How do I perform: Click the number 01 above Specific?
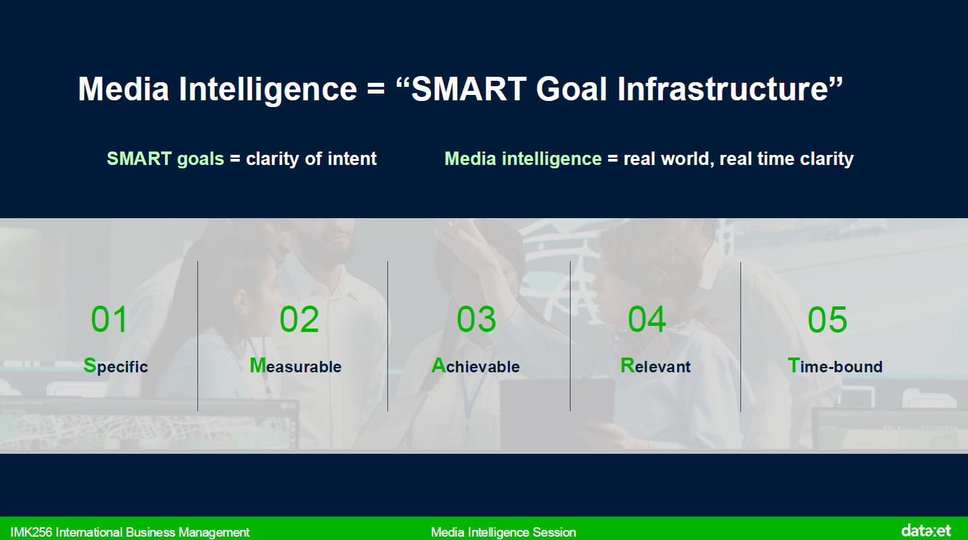tap(109, 319)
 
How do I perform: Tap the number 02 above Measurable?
tap(299, 319)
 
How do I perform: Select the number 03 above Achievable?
tap(476, 319)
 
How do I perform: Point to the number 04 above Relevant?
tap(647, 319)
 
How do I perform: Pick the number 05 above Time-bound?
tap(827, 319)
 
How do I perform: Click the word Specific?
tap(115, 366)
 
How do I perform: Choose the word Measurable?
tap(296, 366)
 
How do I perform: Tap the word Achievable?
tap(476, 366)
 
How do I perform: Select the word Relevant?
tap(655, 366)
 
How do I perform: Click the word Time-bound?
tap(835, 366)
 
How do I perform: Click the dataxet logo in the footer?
tap(926, 530)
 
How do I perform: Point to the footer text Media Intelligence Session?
tap(503, 532)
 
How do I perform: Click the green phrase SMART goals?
tap(166, 158)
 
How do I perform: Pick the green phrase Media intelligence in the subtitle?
tap(523, 158)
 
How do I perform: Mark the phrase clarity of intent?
tap(311, 158)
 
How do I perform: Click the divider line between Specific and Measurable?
tap(197, 336)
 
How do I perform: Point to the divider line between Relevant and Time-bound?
tap(740, 336)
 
